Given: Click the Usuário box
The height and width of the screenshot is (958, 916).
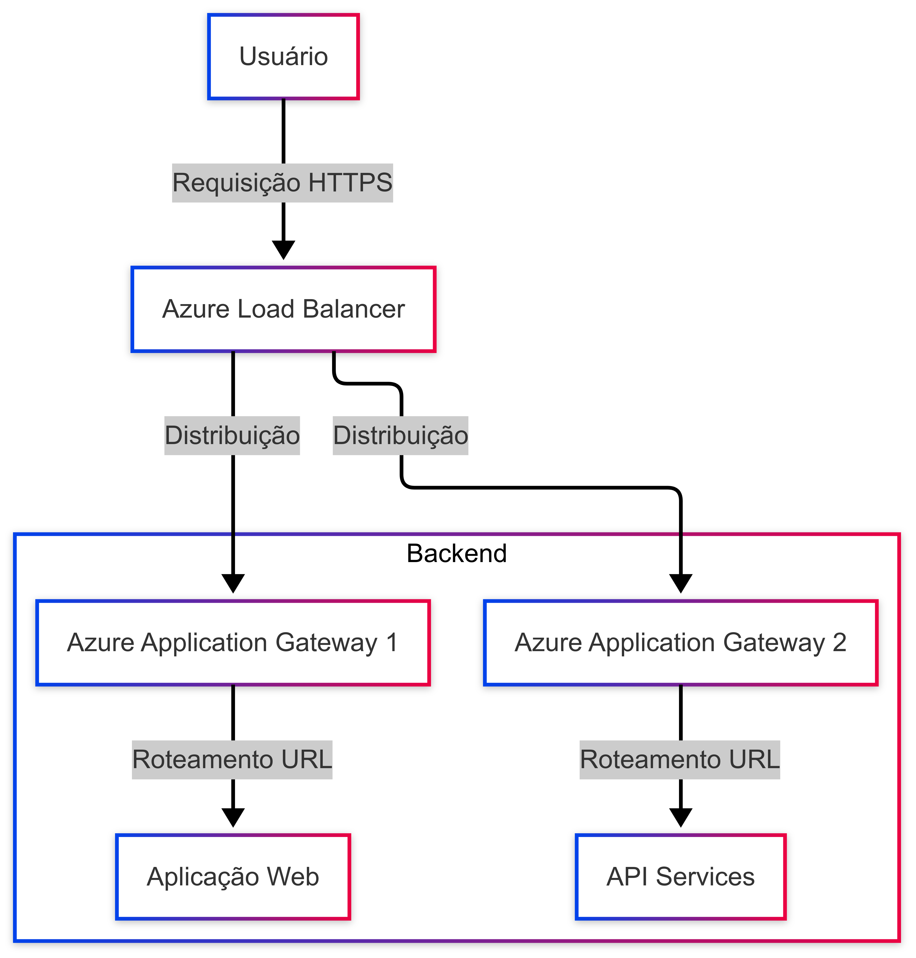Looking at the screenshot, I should [x=283, y=57].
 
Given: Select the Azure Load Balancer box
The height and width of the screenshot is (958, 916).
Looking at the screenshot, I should [x=283, y=309].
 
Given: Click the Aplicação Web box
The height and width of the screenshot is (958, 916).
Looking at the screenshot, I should [x=233, y=876].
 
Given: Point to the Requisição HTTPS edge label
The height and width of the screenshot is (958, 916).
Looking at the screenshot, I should [x=282, y=183].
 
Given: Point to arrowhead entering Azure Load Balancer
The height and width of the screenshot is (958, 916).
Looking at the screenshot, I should [x=283, y=250].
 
